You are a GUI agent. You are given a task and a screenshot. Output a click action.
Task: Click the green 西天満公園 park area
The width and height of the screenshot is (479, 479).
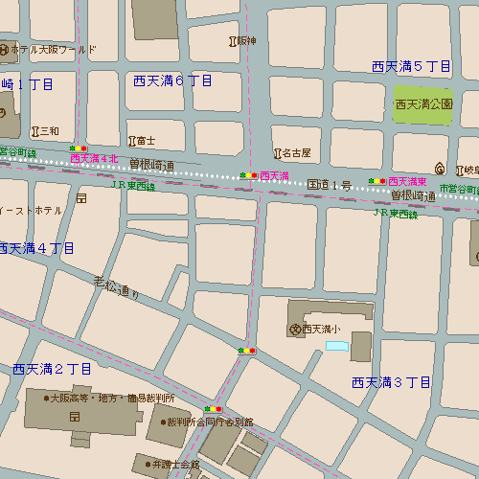[x=422, y=103]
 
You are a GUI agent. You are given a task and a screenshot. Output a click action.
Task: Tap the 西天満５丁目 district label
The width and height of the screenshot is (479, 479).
[x=411, y=66]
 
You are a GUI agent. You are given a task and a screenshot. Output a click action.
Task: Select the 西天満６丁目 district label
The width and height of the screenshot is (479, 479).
[x=172, y=80]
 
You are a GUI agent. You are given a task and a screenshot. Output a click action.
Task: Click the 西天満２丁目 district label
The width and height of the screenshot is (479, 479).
[x=52, y=369]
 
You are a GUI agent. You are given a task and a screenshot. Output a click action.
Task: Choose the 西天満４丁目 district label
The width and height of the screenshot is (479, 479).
[x=36, y=248]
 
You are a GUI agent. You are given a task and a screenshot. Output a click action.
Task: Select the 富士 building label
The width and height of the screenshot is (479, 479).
[x=146, y=140]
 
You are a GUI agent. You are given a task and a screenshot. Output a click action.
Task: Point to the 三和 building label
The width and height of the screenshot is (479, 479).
[x=49, y=131]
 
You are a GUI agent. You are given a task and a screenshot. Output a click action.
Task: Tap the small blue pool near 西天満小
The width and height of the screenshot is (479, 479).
[x=338, y=345]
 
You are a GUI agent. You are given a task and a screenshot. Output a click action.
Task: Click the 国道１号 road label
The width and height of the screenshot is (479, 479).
[x=329, y=183]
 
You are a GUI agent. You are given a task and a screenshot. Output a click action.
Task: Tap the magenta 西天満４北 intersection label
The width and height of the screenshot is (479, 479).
[x=94, y=158]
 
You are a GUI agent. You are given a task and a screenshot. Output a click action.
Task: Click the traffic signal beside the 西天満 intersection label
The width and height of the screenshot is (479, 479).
[x=247, y=176]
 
